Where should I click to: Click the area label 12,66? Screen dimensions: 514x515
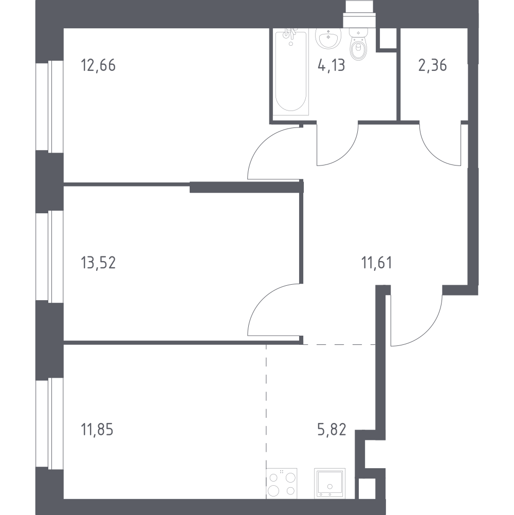coord(98,65)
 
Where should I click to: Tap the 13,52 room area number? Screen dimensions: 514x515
coord(98,263)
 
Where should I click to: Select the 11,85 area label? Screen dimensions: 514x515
coord(97,429)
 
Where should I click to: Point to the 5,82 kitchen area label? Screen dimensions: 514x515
coord(332,429)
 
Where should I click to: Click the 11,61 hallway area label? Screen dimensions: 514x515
coord(377,263)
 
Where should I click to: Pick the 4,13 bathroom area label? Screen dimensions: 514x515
coord(331,65)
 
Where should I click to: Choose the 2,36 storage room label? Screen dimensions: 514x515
coord(432,65)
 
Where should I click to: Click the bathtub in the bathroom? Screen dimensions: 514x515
coord(290,72)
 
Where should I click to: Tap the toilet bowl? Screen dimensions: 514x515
coord(358,44)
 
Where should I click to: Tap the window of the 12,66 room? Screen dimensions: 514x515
coord(49,107)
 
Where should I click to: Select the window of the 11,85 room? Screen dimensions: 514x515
coord(49,424)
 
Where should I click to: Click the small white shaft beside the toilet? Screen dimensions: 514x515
coord(388,39)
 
